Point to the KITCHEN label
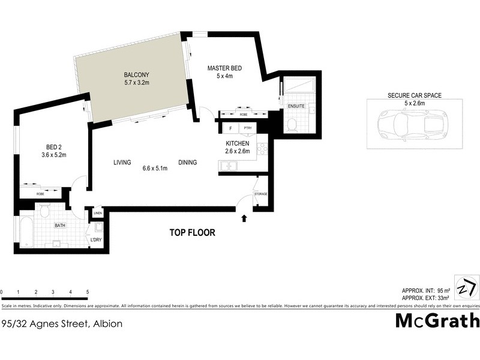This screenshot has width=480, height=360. (x=238, y=144)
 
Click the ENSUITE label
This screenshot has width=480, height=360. (x=296, y=106)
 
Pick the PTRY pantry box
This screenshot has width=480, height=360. (x=247, y=129)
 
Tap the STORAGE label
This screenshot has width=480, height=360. (x=260, y=194)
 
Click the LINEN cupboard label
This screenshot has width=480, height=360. (x=97, y=214)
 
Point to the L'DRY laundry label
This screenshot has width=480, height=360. (x=96, y=241)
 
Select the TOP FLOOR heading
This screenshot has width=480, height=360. (x=192, y=233)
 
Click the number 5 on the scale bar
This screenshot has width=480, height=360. (x=88, y=292)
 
